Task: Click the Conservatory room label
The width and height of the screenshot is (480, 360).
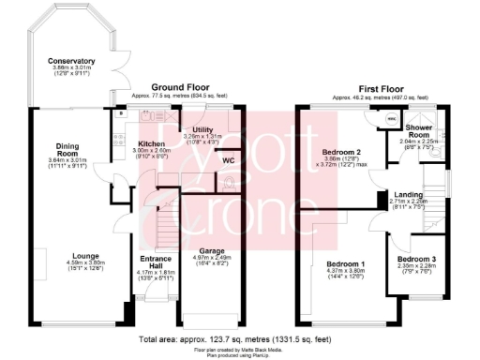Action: pos(72,61)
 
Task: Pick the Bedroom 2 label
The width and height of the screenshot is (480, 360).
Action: pos(342,152)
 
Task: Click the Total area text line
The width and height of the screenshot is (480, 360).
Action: pos(240,338)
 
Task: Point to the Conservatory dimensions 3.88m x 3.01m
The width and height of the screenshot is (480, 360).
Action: pos(72,67)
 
